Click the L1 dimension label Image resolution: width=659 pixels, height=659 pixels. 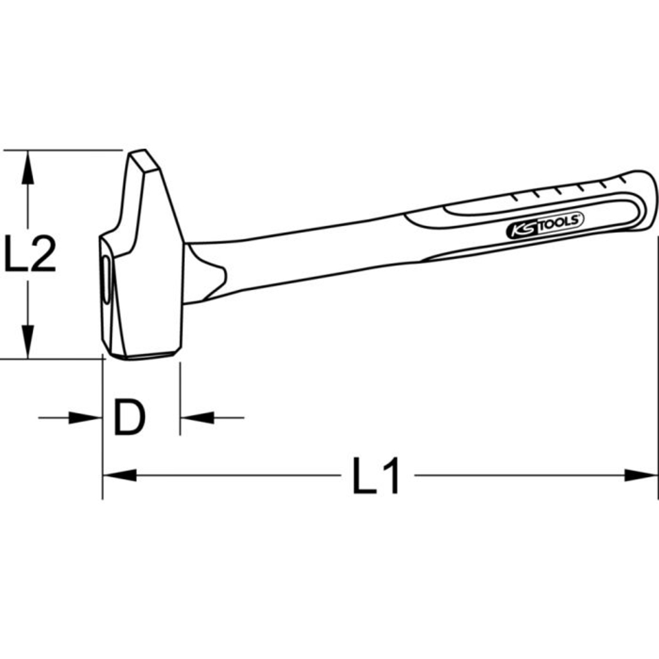[x=376, y=476]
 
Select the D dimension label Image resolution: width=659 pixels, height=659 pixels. [x=129, y=417]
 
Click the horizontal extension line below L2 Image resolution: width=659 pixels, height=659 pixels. [x=53, y=359]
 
